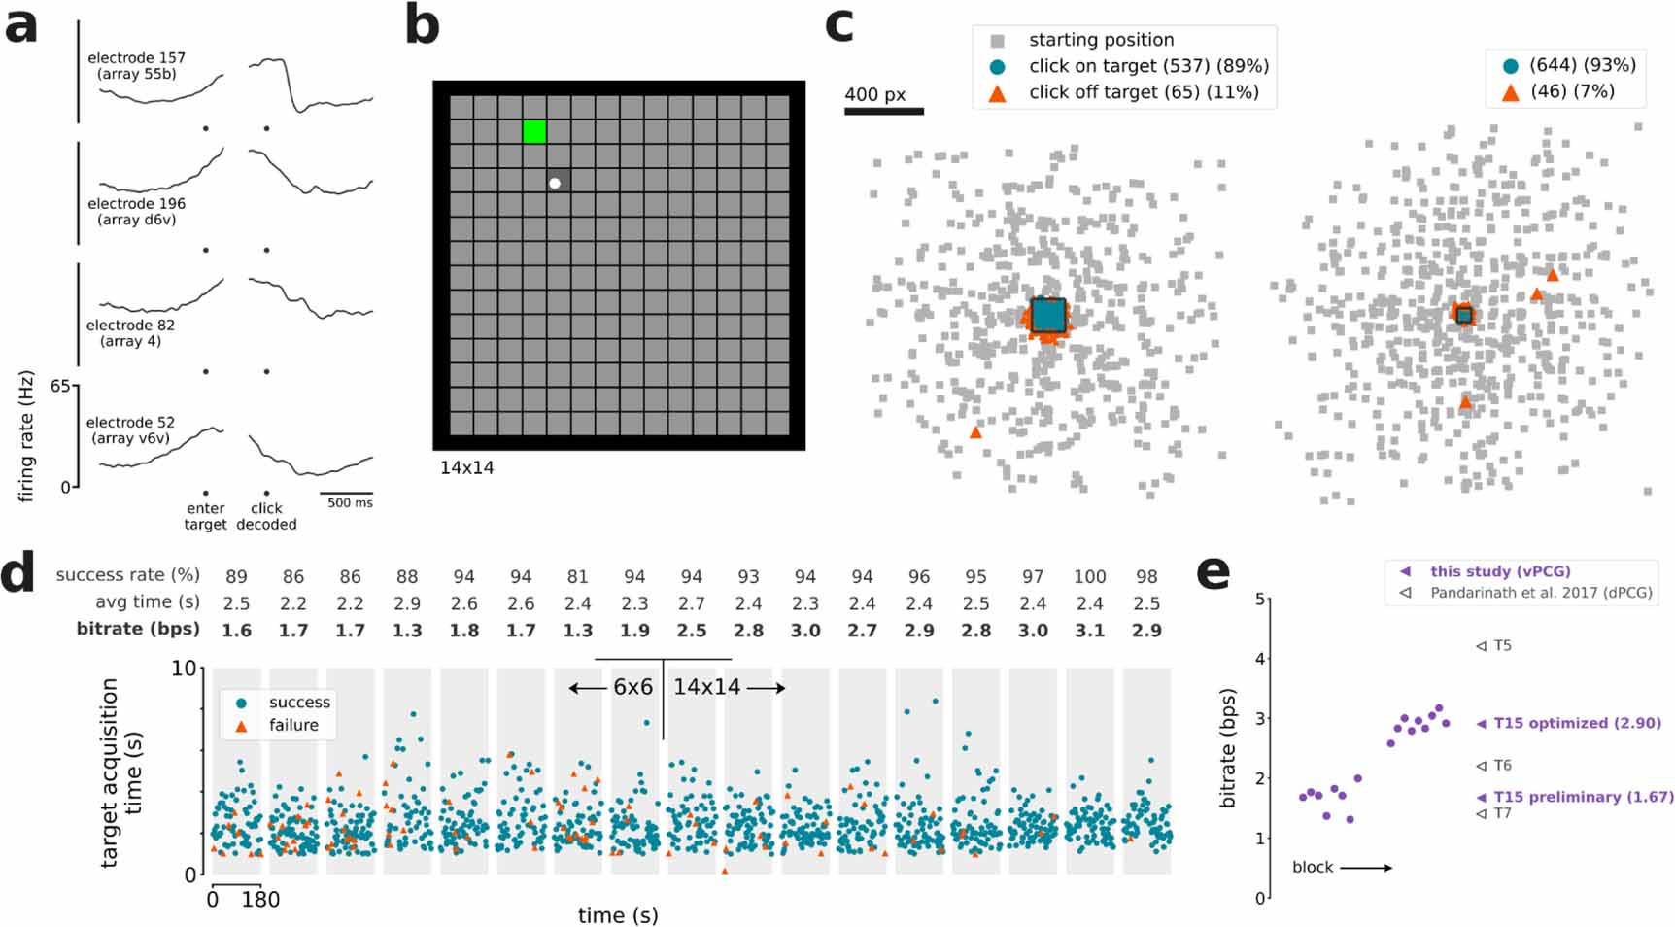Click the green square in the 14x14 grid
(x=534, y=131)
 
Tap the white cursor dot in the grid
(x=555, y=183)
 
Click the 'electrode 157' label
(x=136, y=58)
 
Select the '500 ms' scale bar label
(x=350, y=503)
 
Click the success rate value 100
(x=1089, y=577)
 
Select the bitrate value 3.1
(x=1089, y=631)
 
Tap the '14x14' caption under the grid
(x=466, y=467)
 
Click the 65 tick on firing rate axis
(x=60, y=387)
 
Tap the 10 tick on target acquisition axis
(x=183, y=669)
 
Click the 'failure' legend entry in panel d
(x=292, y=725)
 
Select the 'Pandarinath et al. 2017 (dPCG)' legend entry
(x=1540, y=592)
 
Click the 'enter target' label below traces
(x=205, y=516)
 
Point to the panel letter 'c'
(x=838, y=26)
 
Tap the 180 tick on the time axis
(x=260, y=900)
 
